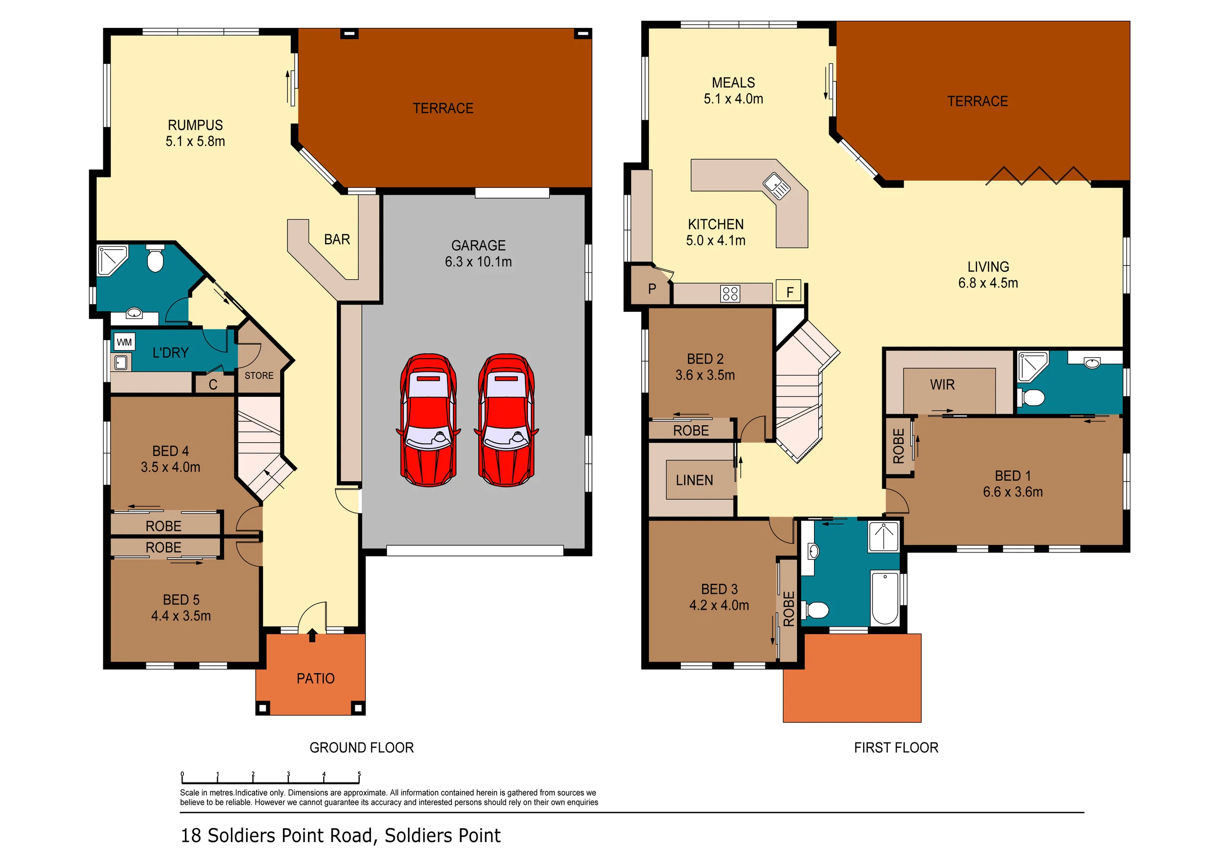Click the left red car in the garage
tap(428, 420)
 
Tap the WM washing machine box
tap(124, 342)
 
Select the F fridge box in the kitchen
tap(789, 291)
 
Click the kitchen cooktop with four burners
tap(730, 293)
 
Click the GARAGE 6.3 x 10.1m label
tap(478, 253)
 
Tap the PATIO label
tap(316, 678)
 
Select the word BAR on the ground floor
tap(337, 240)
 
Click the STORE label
tap(259, 376)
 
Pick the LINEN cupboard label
tap(694, 480)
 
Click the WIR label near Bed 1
tap(942, 385)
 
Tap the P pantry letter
tap(652, 288)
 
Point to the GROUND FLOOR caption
tap(361, 748)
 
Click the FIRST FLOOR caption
tap(896, 748)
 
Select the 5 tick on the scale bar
tap(359, 777)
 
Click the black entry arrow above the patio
tap(312, 635)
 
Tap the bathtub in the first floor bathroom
tap(885, 598)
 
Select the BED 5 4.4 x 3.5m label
tap(181, 608)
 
